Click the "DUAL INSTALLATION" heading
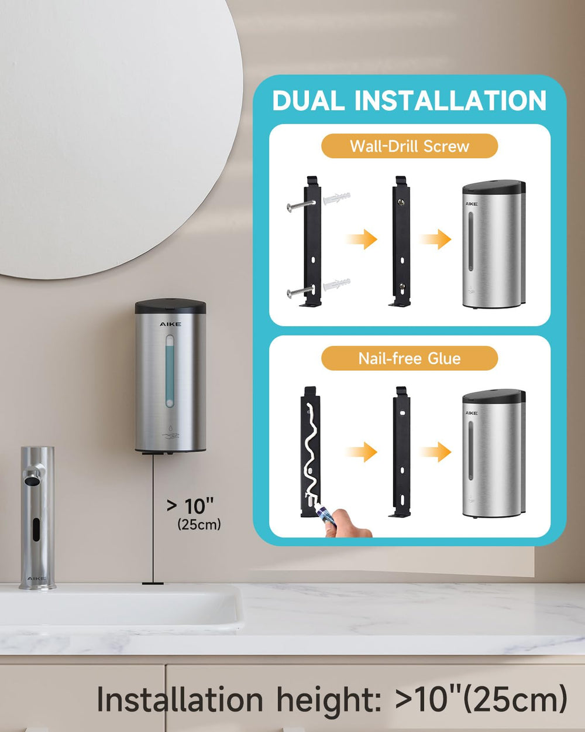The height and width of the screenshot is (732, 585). point(409,100)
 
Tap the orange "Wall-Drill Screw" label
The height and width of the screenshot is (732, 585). point(409,146)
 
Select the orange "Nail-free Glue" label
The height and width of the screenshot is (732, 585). point(409,358)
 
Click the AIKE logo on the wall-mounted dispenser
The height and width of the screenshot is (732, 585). point(170,324)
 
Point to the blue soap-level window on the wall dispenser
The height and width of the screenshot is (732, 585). point(170,371)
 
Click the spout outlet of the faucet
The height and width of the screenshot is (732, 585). point(31,481)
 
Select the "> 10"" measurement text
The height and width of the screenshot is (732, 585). point(190,506)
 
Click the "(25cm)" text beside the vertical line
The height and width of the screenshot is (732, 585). point(199,524)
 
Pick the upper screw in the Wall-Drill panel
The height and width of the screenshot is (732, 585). point(301,205)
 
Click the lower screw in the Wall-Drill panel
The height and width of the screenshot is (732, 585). point(301,291)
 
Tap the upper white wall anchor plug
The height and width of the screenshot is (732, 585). point(336,198)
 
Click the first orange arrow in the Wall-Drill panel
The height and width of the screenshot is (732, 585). point(362,240)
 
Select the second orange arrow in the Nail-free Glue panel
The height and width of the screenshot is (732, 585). point(435,452)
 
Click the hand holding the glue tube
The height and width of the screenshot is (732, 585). point(347,525)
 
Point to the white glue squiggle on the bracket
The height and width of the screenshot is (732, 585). point(312,452)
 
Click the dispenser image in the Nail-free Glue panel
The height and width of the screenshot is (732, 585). point(494,454)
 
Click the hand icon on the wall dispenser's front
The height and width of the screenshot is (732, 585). point(170,436)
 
